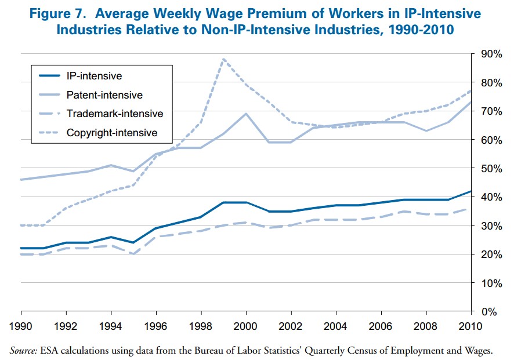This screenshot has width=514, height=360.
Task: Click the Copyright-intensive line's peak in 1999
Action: coord(224,59)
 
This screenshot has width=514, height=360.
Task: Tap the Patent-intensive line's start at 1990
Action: coord(21,180)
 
